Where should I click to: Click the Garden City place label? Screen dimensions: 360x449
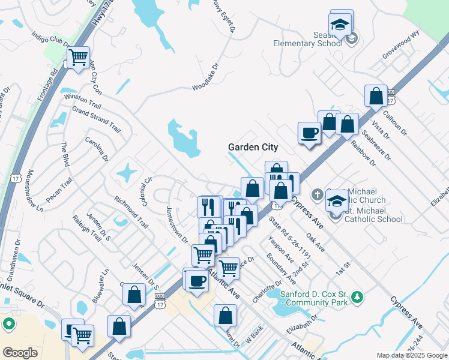click(253, 147)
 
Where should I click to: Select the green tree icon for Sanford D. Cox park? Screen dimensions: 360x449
click(357, 296)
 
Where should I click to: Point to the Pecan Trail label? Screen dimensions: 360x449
click(59, 189)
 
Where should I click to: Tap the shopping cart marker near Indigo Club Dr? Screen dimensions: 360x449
click(78, 59)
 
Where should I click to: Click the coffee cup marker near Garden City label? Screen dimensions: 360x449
click(310, 133)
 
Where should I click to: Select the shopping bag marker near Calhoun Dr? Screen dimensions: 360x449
click(376, 96)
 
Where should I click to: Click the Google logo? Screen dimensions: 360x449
click(20, 352)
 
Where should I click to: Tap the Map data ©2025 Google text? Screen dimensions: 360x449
click(411, 355)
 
